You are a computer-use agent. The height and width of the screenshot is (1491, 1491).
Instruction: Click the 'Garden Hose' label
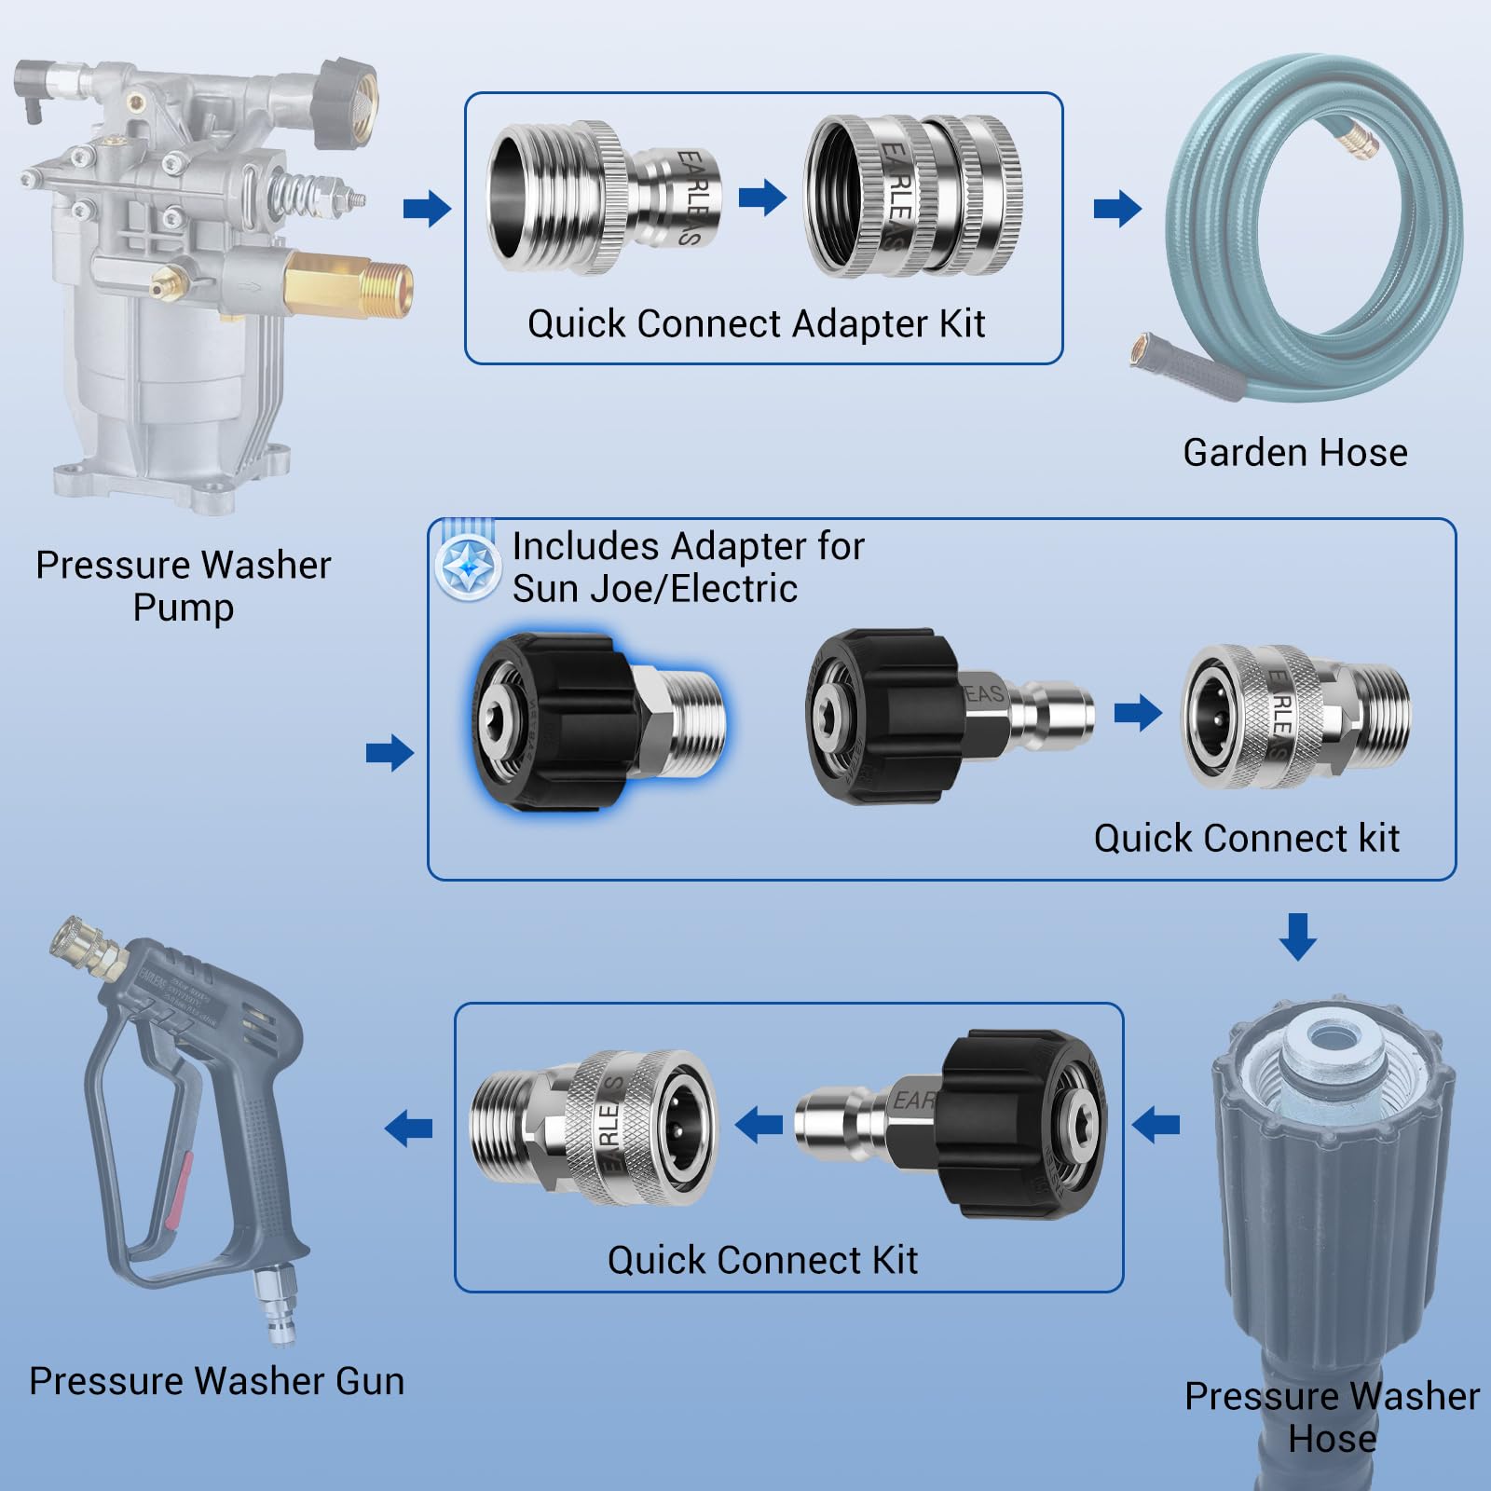point(1294,453)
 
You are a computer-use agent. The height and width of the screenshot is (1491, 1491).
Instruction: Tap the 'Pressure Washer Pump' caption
point(183,585)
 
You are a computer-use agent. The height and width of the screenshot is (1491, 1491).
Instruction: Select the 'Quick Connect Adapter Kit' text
point(756,324)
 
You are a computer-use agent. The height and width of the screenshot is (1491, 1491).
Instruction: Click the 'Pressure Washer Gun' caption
point(216,1381)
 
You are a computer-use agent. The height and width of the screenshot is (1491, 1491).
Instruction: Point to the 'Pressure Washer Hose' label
point(1331,1416)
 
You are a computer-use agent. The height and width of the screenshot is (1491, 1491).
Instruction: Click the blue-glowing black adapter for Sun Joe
point(596,720)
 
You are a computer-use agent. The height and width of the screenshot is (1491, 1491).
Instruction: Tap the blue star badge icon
point(467,567)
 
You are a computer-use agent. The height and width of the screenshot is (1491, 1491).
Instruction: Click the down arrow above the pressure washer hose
point(1297,937)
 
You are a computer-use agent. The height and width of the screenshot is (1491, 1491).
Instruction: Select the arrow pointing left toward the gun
point(409,1128)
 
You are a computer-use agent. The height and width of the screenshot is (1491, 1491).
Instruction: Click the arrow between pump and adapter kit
point(427,208)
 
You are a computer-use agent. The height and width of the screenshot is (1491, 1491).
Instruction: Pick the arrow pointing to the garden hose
point(1117,208)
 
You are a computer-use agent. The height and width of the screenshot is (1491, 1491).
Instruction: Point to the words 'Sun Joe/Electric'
point(654,589)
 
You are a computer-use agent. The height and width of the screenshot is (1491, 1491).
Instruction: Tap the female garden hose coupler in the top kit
point(913,198)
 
